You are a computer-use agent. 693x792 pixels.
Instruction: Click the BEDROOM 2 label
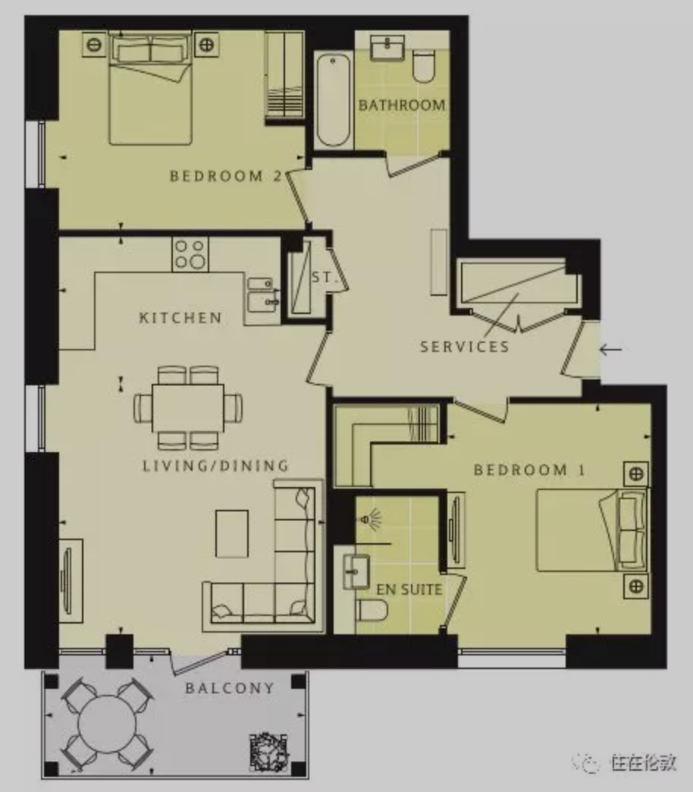tap(226, 176)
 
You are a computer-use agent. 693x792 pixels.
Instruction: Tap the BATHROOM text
tap(402, 105)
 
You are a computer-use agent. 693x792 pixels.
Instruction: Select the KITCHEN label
tap(180, 318)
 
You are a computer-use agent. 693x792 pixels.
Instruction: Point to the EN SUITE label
tap(409, 589)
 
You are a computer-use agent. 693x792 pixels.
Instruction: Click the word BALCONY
tap(230, 688)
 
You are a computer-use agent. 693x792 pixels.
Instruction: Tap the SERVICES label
tap(465, 347)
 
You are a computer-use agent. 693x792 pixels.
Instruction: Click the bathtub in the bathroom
tap(334, 100)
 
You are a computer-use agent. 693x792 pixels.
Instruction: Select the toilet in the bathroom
tap(424, 66)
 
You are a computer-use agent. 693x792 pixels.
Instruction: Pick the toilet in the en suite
tap(372, 610)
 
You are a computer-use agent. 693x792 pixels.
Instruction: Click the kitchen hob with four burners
tap(190, 254)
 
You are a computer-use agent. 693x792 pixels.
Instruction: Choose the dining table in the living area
tap(188, 407)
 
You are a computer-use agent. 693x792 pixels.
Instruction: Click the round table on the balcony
tap(107, 724)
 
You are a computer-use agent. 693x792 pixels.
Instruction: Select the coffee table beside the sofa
tap(232, 533)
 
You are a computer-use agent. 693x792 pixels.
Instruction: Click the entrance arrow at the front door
tap(610, 349)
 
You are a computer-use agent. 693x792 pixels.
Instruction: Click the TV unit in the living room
tap(71, 581)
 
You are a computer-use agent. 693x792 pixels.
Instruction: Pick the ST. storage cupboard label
tap(322, 278)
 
